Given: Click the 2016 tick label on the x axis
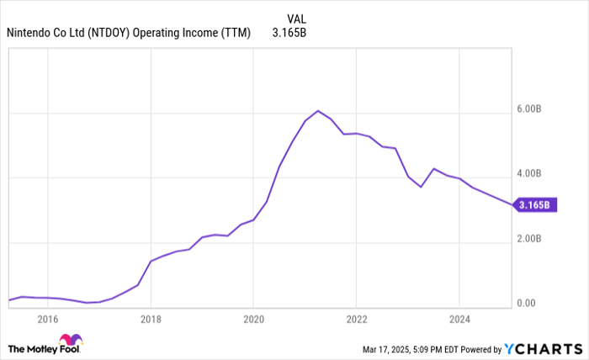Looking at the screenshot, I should [47, 319].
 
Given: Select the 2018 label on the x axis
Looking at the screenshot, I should [151, 319].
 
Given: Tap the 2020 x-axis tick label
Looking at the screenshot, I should [253, 319].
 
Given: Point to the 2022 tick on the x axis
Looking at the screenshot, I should [356, 319].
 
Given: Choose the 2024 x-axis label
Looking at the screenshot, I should [459, 319].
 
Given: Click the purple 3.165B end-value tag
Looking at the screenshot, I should [536, 204].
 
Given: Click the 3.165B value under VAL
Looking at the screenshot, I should [289, 34].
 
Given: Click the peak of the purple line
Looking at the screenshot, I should [317, 110].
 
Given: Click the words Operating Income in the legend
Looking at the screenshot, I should [183, 34].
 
